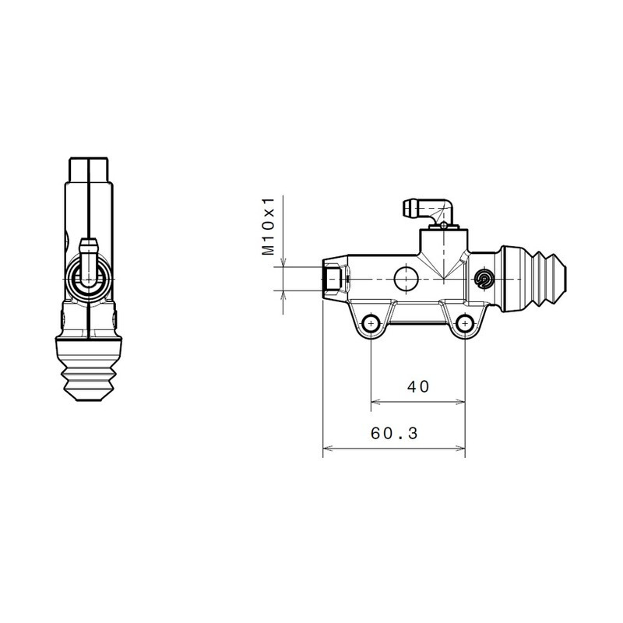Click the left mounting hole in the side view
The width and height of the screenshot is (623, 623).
pyautogui.click(x=371, y=322)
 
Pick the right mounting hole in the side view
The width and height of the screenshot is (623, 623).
pyautogui.click(x=465, y=322)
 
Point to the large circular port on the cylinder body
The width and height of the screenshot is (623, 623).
pyautogui.click(x=406, y=278)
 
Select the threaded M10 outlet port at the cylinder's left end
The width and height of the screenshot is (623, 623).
pyautogui.click(x=333, y=279)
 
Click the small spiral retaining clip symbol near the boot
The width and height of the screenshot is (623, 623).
pyautogui.click(x=484, y=280)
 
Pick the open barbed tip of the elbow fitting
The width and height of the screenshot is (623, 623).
pyautogui.click(x=407, y=208)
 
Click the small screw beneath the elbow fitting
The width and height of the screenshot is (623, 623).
pyautogui.click(x=442, y=226)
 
